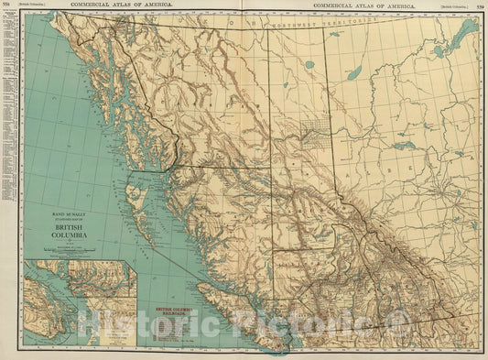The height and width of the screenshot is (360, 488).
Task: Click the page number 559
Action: pos(481,5)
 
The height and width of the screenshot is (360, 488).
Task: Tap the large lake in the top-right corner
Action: pos(461,37)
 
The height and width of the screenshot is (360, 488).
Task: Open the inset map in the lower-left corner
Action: pos(79,302)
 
